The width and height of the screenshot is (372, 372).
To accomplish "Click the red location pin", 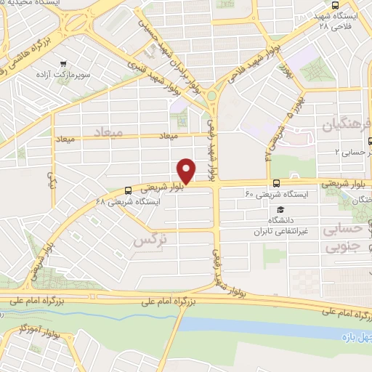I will pyautogui.click(x=187, y=171).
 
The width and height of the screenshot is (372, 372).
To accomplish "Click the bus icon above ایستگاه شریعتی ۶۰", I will pyautogui.click(x=275, y=184).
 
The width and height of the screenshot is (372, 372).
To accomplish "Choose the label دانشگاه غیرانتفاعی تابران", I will pyautogui.click(x=277, y=226).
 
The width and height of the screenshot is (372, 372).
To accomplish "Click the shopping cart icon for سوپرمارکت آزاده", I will pyautogui.click(x=65, y=63).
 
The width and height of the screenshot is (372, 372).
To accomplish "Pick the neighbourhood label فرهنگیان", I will pyautogui.click(x=345, y=125).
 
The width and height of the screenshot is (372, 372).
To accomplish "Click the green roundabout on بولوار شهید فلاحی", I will pyautogui.click(x=213, y=95).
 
